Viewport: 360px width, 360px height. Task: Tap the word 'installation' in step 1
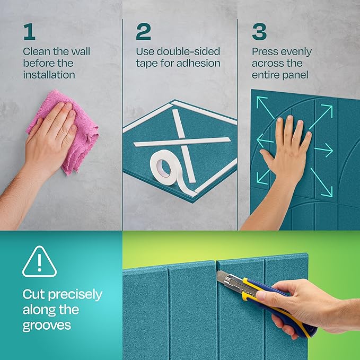[x=49, y=75]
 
